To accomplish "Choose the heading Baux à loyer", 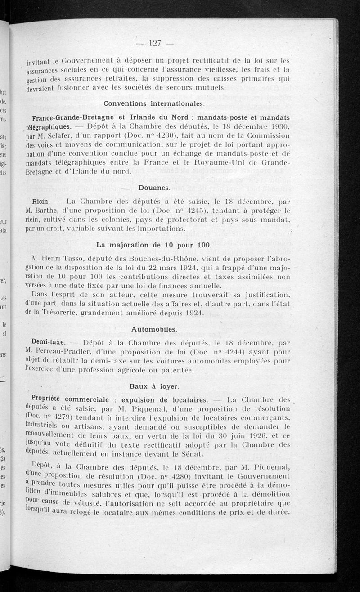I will [148, 386].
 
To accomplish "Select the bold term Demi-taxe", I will [46, 341].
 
